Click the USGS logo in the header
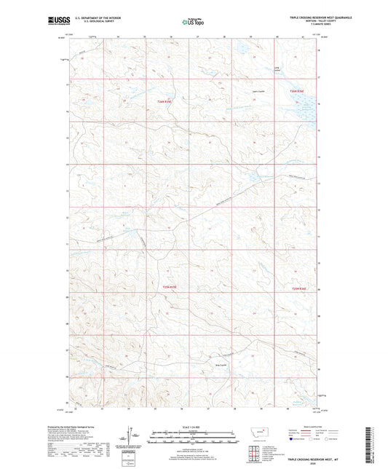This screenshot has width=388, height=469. tap(57, 21)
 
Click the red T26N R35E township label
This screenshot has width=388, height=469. tap(165, 102)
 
